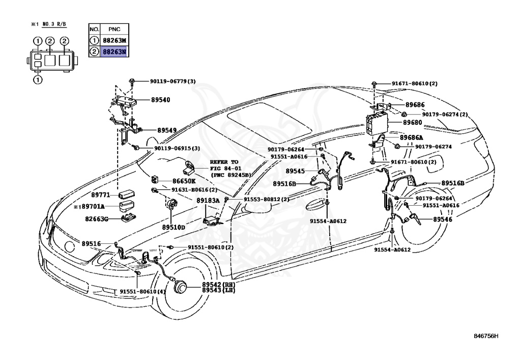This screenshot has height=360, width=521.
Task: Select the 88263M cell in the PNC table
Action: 114,41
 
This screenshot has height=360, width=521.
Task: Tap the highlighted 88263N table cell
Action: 114,51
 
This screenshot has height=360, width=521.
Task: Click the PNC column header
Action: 113,30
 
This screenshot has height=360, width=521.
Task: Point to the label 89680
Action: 413,122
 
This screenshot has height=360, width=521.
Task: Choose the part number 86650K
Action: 184,181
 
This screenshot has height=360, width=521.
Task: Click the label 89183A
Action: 208,201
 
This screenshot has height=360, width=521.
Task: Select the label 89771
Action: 101,195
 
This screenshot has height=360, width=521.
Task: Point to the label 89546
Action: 443,219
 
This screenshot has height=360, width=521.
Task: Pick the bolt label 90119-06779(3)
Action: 172,81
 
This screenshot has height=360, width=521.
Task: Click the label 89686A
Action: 411,137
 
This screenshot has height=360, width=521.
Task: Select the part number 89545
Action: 296,172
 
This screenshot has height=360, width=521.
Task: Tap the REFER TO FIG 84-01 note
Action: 230,168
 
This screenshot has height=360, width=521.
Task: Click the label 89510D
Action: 173,227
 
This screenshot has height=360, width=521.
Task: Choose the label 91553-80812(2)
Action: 266,200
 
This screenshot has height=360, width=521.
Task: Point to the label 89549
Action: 167,130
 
